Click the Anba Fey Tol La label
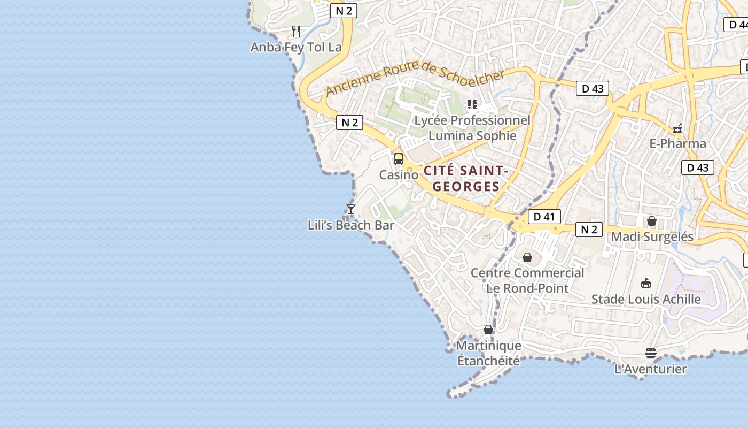click(x=296, y=47)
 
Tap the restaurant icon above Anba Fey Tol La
click(x=296, y=31)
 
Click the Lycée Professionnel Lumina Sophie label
click(x=472, y=128)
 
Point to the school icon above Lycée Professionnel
click(x=472, y=104)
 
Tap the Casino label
click(x=399, y=175)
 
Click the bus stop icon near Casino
click(x=399, y=158)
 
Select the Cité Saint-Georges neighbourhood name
click(x=465, y=179)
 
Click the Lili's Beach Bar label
click(x=350, y=225)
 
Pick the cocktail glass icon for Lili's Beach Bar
click(x=351, y=209)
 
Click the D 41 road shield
click(x=544, y=217)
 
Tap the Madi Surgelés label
click(x=652, y=236)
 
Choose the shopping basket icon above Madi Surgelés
click(x=652, y=220)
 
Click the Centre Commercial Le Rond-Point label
click(x=527, y=280)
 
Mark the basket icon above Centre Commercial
click(x=527, y=257)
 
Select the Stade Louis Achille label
click(x=646, y=299)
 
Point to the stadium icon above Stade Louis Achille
click(x=646, y=283)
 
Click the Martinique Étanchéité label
click(x=488, y=353)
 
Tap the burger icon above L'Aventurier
click(x=650, y=353)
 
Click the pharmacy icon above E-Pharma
click(x=677, y=128)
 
